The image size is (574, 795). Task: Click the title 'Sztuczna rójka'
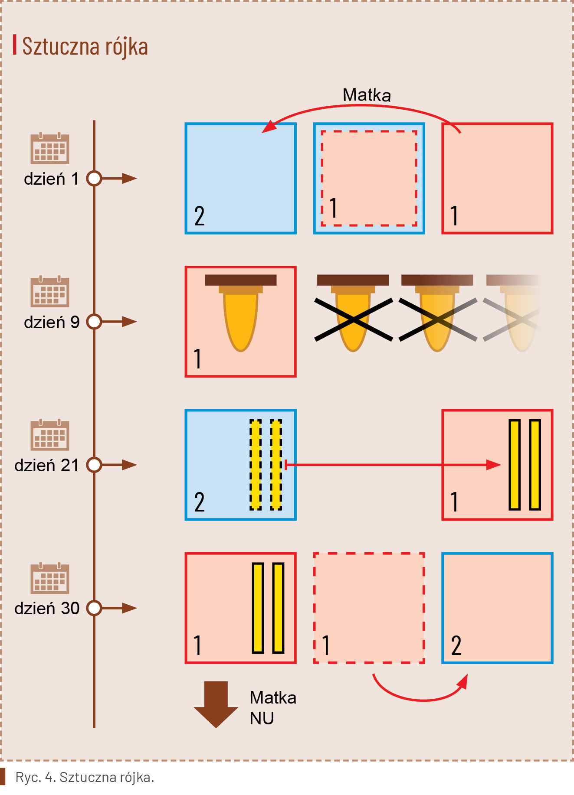(x=85, y=46)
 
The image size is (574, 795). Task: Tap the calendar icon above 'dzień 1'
(x=50, y=148)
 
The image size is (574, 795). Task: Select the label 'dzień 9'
(x=52, y=322)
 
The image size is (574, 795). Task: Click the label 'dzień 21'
(x=47, y=465)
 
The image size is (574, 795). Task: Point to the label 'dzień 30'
(x=47, y=608)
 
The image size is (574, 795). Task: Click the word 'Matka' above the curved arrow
(x=367, y=95)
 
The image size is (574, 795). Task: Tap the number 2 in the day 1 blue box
(x=199, y=216)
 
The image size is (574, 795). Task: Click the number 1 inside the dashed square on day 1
(x=333, y=208)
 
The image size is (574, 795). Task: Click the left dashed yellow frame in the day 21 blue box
(x=256, y=465)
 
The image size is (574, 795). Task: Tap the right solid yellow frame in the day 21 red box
(x=535, y=465)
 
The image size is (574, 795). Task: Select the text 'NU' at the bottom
(x=262, y=718)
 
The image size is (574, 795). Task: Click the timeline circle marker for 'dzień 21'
(x=94, y=465)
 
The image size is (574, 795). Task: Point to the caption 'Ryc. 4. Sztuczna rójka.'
(x=85, y=777)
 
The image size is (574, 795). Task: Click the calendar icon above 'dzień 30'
(x=50, y=578)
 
